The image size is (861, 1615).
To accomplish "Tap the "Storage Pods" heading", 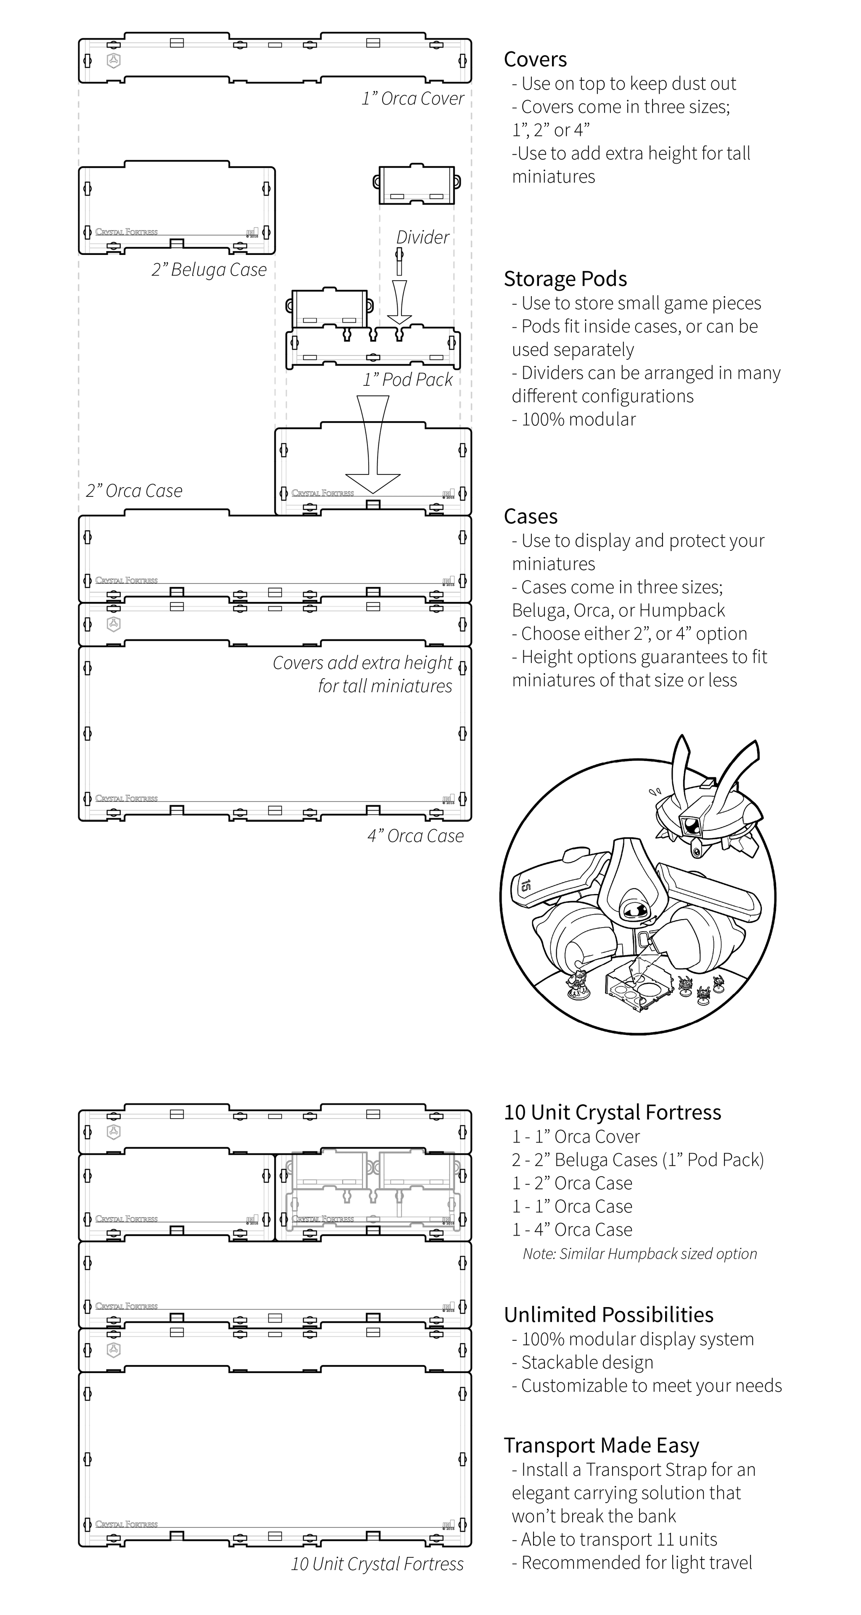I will coord(565,279).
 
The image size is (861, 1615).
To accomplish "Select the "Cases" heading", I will coord(530,517).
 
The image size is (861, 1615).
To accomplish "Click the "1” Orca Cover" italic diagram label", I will coord(412,99).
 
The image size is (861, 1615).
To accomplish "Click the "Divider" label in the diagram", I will coord(423,238).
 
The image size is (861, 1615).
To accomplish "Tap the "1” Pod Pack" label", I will coord(407,380).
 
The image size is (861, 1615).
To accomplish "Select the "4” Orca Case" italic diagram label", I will coord(415,836).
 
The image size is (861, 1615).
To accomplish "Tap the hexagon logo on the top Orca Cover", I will coord(114,61).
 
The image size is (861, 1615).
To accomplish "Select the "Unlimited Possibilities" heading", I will coord(608,1315).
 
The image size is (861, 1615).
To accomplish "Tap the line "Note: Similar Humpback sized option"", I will coord(639,1254).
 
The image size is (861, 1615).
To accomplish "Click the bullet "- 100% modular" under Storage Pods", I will coord(573,419).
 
